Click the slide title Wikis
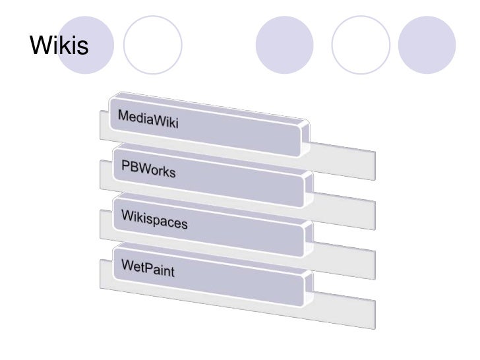click(x=59, y=46)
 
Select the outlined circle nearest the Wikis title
click(x=152, y=44)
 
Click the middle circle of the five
click(x=283, y=44)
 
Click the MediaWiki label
click(x=148, y=120)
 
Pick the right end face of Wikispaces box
click(x=307, y=239)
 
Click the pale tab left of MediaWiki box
click(x=104, y=125)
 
